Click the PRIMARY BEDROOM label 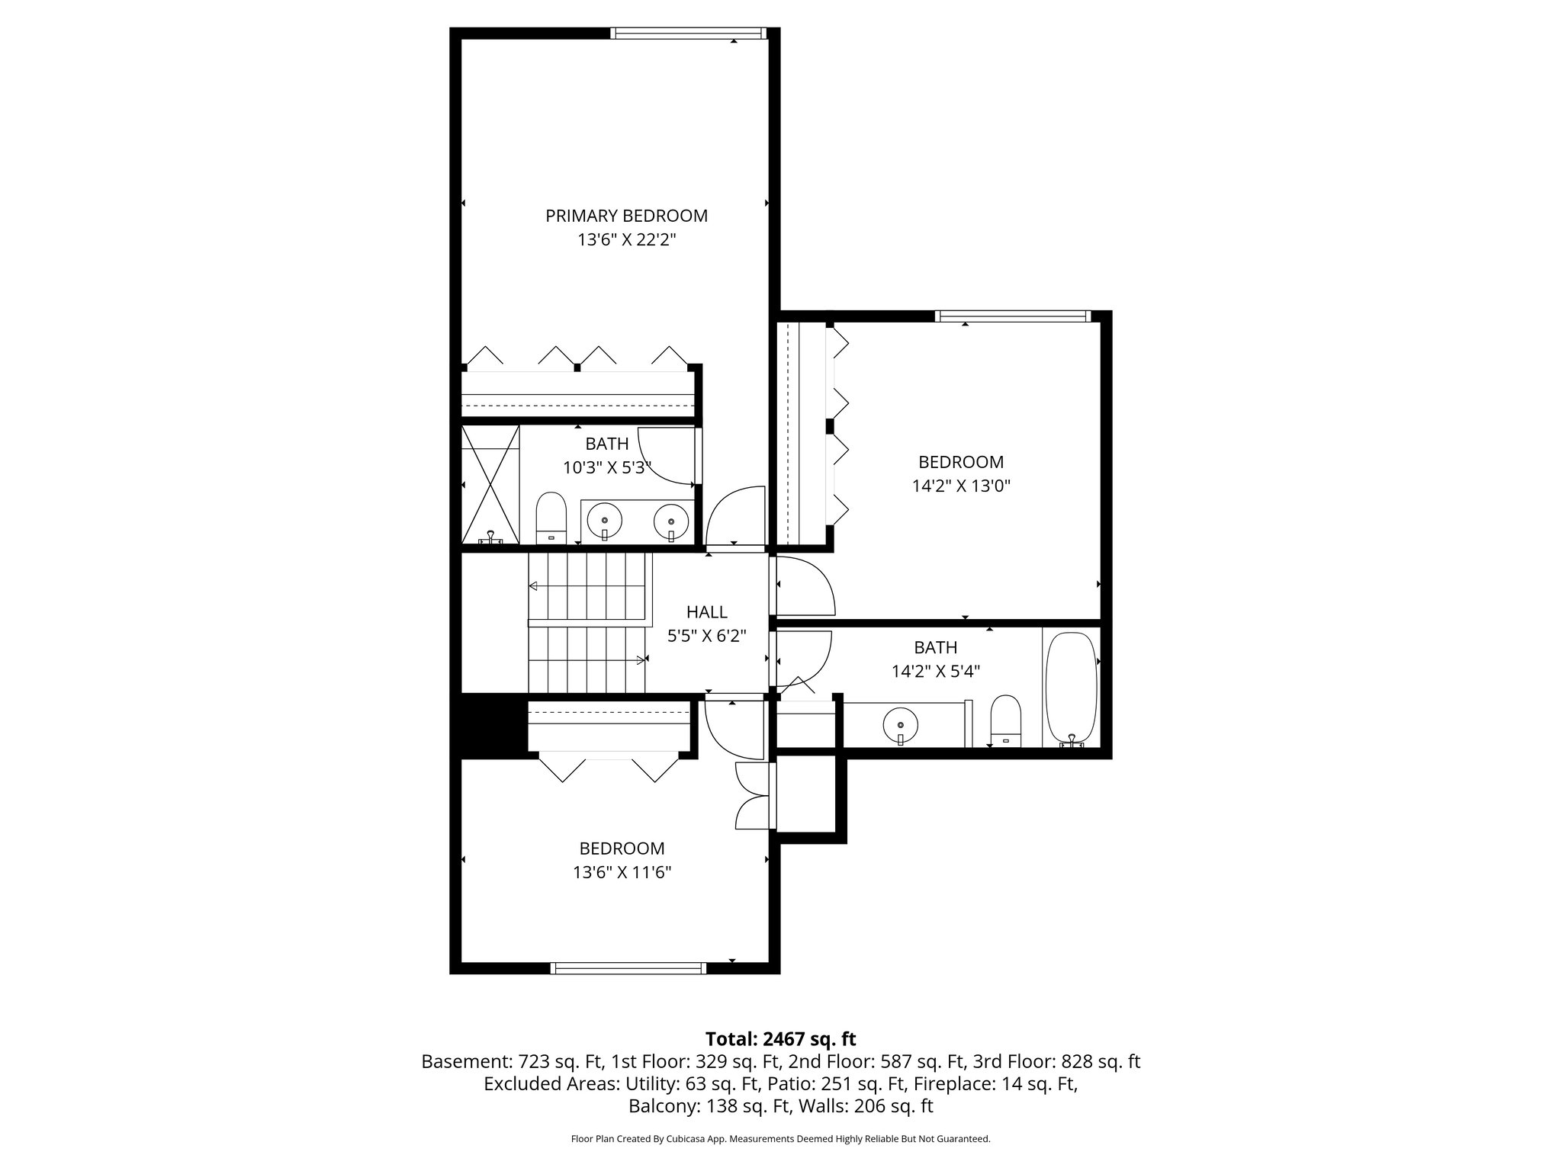click(x=626, y=216)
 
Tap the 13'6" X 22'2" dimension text click(x=626, y=240)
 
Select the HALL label click(x=706, y=611)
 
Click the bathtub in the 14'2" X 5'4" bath click(x=1071, y=688)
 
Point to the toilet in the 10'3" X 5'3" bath click(x=551, y=517)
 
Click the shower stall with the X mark click(x=490, y=485)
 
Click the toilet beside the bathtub click(x=1004, y=720)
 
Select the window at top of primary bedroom click(x=687, y=33)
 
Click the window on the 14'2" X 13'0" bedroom click(x=1013, y=316)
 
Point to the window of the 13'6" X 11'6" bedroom click(x=628, y=968)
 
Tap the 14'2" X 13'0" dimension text click(x=961, y=486)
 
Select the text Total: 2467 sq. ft click(x=780, y=1039)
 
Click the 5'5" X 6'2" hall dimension click(x=706, y=636)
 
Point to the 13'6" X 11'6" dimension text click(x=622, y=872)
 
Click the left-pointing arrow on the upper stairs click(x=533, y=586)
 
